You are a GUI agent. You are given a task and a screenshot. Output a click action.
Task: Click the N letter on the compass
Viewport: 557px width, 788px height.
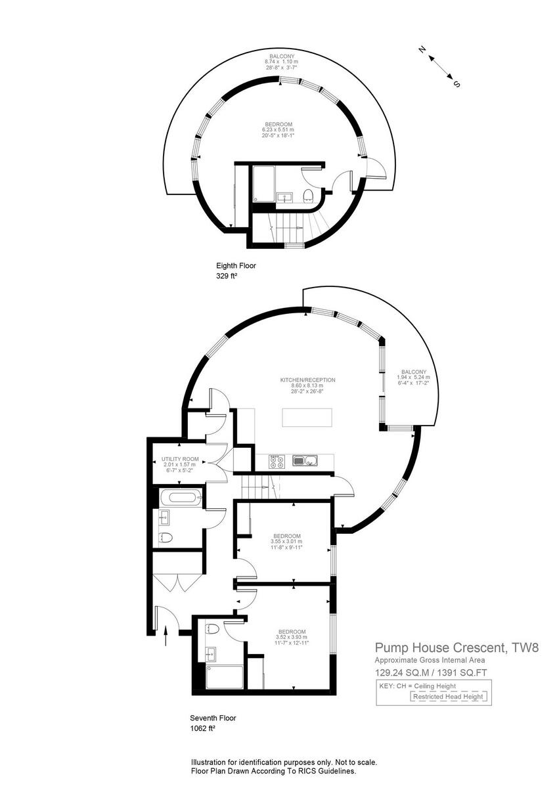click(424, 49)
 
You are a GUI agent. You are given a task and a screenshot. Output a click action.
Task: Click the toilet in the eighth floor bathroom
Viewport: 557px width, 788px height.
click(307, 195)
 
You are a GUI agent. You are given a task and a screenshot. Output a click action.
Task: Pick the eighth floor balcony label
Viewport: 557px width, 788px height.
click(278, 56)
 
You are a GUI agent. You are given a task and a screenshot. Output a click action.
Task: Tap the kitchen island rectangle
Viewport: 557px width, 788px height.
click(307, 418)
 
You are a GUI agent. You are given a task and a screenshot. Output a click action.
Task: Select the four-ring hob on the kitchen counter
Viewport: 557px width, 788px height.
click(277, 462)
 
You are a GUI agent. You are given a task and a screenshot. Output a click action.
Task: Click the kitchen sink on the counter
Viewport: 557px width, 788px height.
click(305, 462)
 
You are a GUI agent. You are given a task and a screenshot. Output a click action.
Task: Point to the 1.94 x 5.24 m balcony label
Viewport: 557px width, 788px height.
click(413, 378)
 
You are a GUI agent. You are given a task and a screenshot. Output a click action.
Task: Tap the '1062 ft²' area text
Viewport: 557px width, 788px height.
click(202, 728)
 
